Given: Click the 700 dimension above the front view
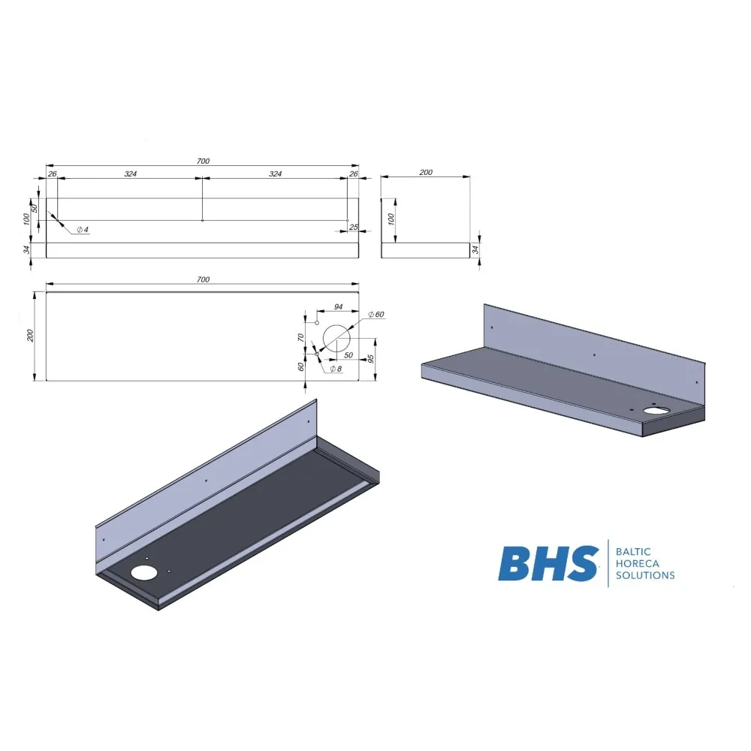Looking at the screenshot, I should pos(203,161).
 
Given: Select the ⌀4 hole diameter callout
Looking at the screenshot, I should pos(83,229).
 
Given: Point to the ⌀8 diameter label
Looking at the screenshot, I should pos(335,369).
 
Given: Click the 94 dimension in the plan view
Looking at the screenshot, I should pos(338,306).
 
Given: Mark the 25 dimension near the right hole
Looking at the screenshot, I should pos(353,227).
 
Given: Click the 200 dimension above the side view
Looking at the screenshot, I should pos(426,173).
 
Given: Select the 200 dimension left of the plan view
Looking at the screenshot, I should pos(31,336).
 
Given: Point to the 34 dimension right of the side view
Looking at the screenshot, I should pos(475,249).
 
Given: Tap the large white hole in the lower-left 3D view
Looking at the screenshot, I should pos(142,573).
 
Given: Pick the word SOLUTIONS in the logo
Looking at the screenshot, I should pos(644,576).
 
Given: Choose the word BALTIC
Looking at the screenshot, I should pos(632,551).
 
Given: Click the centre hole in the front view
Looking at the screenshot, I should pos(202,221).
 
